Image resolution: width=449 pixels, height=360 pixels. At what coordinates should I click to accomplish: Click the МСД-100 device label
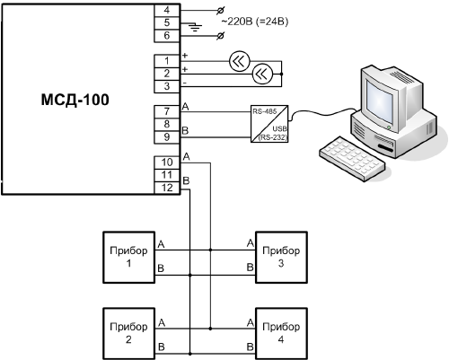tap(75, 100)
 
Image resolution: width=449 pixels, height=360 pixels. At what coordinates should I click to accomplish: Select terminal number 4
tap(167, 10)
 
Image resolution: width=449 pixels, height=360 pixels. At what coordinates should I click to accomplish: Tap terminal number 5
tap(167, 22)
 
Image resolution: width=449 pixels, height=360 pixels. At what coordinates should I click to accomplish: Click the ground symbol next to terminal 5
tap(195, 28)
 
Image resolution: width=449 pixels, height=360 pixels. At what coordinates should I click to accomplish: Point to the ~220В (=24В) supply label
tap(255, 22)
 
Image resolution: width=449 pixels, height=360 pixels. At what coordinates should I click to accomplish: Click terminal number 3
tap(167, 86)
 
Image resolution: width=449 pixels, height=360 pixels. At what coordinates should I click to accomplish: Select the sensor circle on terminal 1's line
tap(239, 61)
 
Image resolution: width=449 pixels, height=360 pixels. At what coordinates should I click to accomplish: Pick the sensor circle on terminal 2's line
tap(262, 74)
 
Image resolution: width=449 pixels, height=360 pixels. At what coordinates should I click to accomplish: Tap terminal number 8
tap(167, 124)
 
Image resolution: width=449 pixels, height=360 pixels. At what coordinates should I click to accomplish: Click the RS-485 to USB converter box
tap(269, 124)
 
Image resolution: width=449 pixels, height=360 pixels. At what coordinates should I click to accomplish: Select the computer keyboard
tap(352, 159)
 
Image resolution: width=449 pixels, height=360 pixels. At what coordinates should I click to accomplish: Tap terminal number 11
tap(167, 175)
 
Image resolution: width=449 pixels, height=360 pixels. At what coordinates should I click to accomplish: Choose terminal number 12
tap(167, 188)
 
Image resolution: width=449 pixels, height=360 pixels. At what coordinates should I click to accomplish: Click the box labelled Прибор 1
tap(129, 258)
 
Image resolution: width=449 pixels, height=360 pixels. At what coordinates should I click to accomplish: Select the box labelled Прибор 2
tap(129, 334)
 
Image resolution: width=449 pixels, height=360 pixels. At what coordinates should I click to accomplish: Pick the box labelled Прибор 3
tap(281, 258)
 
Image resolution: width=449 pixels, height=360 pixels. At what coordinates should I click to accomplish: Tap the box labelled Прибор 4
tap(281, 334)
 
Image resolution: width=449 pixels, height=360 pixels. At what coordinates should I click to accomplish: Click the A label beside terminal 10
tap(186, 156)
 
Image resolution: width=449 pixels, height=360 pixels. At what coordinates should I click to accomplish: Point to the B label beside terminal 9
tap(185, 131)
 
